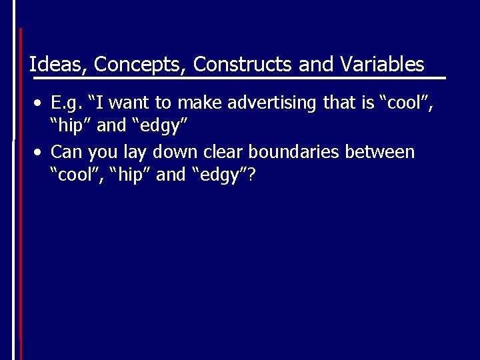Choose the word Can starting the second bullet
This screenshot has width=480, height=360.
point(66,152)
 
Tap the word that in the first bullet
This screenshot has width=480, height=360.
point(339,103)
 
